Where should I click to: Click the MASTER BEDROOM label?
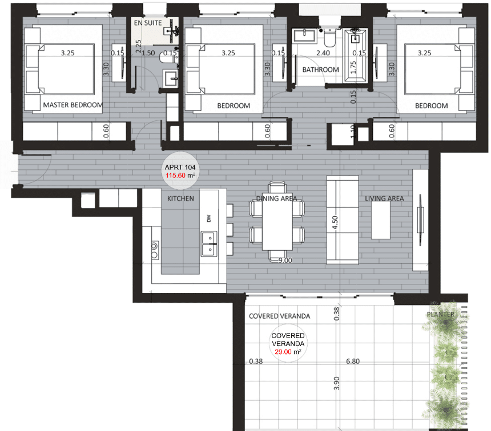(73, 105)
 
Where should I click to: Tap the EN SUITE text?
(148, 23)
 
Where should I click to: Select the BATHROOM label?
(320, 70)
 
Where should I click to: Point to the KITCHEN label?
(180, 198)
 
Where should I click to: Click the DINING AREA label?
(276, 198)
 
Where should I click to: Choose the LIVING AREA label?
(384, 198)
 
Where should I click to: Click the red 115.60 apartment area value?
(175, 176)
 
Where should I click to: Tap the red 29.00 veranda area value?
(283, 352)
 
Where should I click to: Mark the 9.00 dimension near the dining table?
(285, 260)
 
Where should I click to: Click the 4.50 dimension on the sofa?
(335, 222)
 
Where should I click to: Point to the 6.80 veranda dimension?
(353, 361)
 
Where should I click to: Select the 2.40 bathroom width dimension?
(323, 53)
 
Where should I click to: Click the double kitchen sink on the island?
(209, 244)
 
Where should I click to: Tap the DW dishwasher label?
(209, 218)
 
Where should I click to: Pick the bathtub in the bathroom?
(356, 56)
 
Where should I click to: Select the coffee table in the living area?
(381, 220)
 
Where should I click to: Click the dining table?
(277, 221)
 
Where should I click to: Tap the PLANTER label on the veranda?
(441, 314)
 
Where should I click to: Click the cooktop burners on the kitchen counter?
(155, 250)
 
